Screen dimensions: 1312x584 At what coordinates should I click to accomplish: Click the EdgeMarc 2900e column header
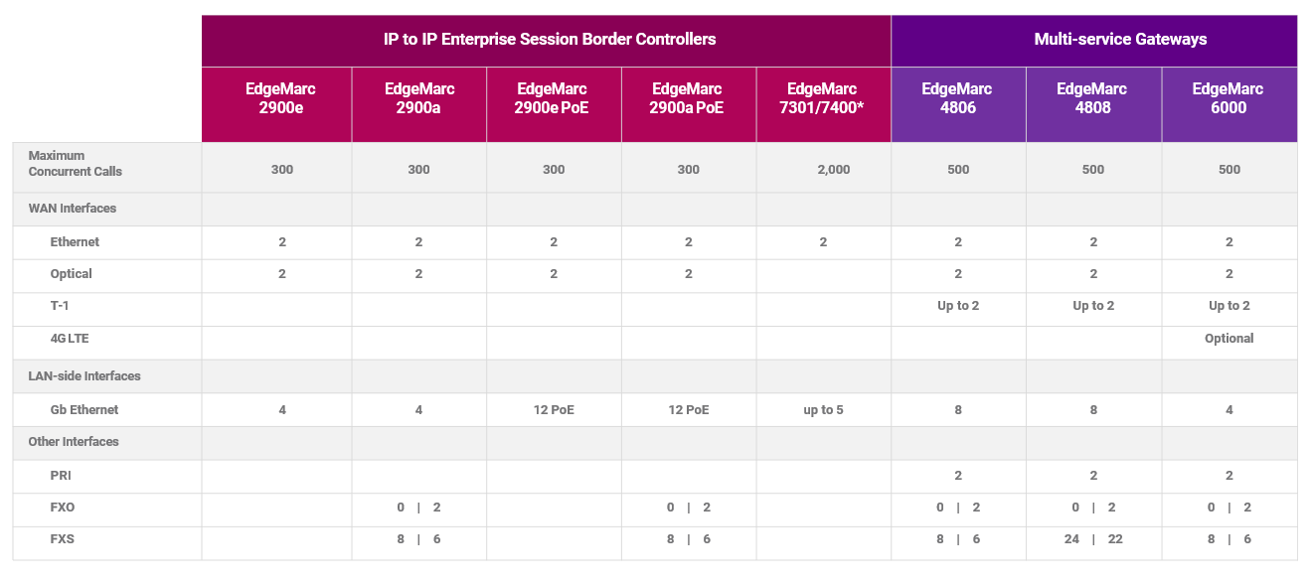pyautogui.click(x=280, y=98)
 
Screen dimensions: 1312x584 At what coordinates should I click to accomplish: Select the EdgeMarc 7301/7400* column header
pyautogui.click(x=822, y=98)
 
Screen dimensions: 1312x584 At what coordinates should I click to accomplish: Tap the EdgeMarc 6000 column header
pyautogui.click(x=1229, y=98)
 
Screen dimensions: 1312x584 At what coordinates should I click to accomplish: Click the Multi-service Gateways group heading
pyautogui.click(x=1120, y=39)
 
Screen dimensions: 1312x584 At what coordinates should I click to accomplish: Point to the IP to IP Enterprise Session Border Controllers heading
pyautogui.click(x=550, y=39)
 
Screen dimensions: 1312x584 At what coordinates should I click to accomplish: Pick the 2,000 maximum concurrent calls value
pyautogui.click(x=834, y=170)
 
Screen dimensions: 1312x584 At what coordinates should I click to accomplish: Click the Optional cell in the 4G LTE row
pyautogui.click(x=1229, y=339)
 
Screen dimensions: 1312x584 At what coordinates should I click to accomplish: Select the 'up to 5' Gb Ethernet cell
pyautogui.click(x=823, y=409)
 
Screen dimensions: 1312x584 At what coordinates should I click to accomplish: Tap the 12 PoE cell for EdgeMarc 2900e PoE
pyautogui.click(x=554, y=409)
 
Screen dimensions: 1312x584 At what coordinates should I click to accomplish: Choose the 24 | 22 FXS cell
pyautogui.click(x=1093, y=539)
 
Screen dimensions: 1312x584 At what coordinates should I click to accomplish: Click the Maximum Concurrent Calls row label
pyautogui.click(x=75, y=163)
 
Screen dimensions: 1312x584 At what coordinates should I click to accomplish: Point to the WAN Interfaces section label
pyautogui.click(x=72, y=209)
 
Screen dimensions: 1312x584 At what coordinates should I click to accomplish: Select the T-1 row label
pyautogui.click(x=60, y=306)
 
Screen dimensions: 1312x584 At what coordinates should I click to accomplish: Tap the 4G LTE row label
pyautogui.click(x=70, y=339)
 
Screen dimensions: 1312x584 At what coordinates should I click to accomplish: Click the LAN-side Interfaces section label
pyautogui.click(x=84, y=375)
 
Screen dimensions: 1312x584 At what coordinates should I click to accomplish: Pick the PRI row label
pyautogui.click(x=61, y=475)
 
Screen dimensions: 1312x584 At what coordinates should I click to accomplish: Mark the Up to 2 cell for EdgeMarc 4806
pyautogui.click(x=958, y=306)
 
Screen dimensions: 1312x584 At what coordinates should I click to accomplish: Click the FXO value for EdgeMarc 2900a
pyautogui.click(x=418, y=508)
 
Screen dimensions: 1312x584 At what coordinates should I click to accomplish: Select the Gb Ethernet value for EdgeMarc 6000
pyautogui.click(x=1229, y=409)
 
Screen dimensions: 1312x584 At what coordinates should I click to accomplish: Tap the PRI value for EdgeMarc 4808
pyautogui.click(x=1093, y=475)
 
